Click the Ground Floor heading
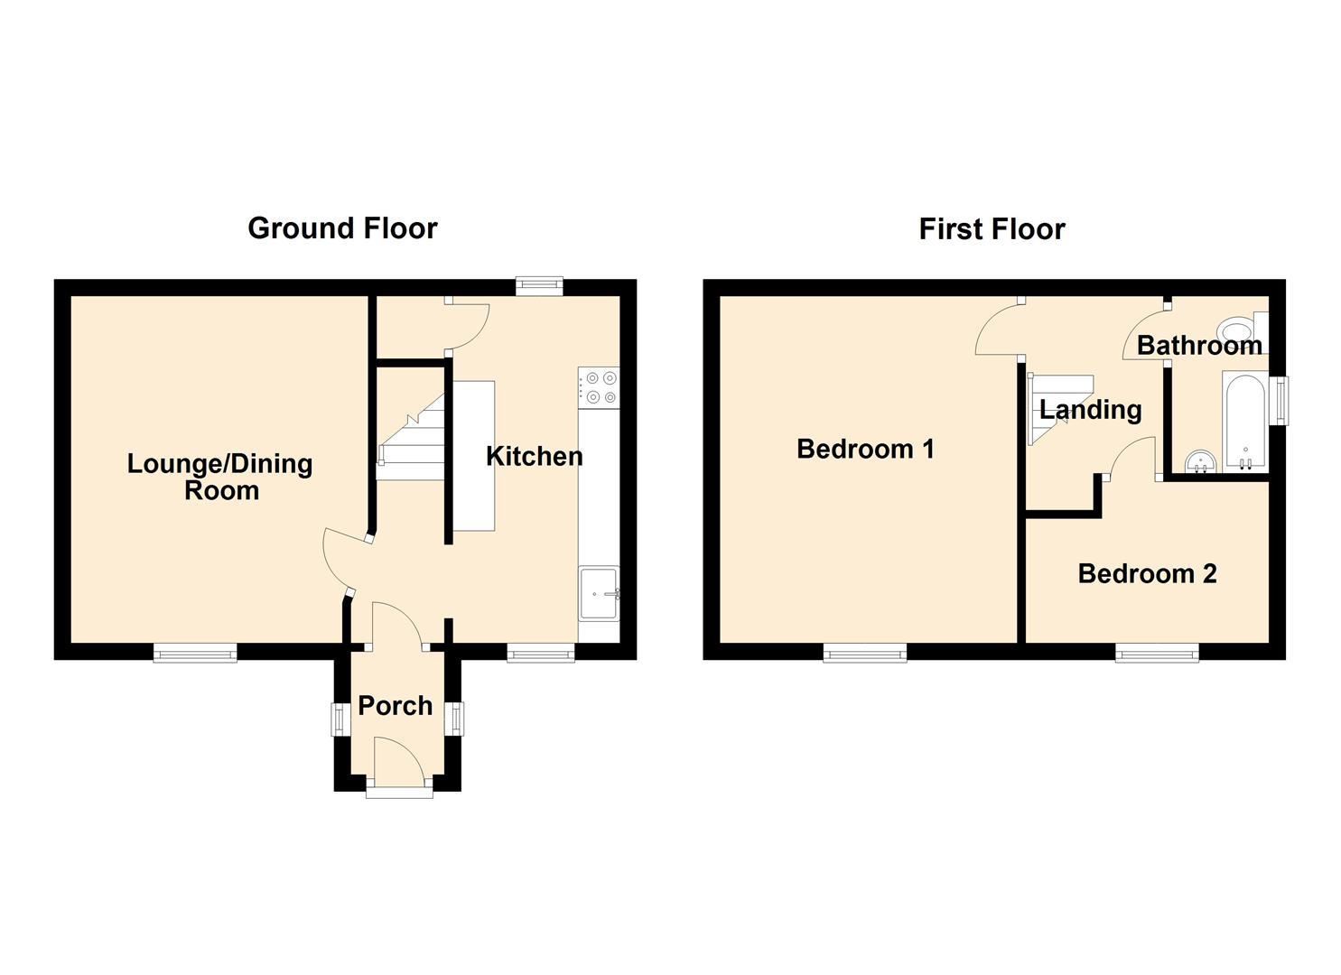click(342, 228)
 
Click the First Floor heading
click(992, 229)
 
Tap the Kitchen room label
click(534, 457)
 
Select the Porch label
click(396, 706)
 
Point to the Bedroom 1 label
click(865, 449)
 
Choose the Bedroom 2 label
click(1147, 574)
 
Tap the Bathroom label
click(1199, 346)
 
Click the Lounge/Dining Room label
click(220, 477)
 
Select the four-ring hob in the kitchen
click(599, 388)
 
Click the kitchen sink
click(599, 593)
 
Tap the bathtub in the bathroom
click(1245, 422)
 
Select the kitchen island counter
click(473, 456)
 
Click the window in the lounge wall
click(195, 653)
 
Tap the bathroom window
click(1279, 401)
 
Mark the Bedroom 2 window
click(1157, 653)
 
